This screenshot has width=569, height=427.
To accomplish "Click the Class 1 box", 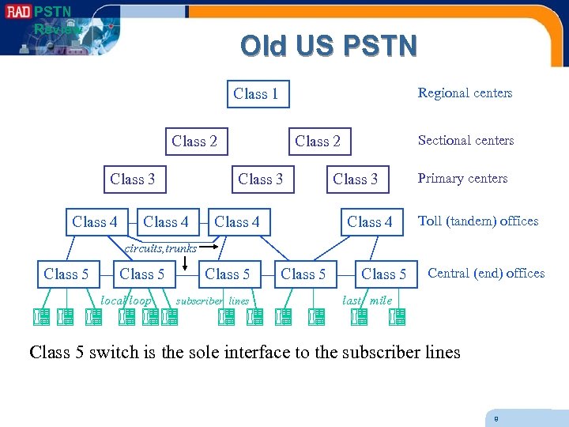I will pos(257,94).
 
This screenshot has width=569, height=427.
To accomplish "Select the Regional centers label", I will pos(465,93).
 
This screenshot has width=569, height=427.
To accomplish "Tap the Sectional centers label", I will pos(465,141).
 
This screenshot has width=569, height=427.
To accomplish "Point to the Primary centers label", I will pos(462,179).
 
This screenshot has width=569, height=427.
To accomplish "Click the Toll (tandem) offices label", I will pos(478,221).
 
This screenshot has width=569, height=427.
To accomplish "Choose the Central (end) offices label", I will pos(486,274).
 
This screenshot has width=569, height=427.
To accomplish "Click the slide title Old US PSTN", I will pos(328,46).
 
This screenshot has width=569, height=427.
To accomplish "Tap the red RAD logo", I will pos(16,12).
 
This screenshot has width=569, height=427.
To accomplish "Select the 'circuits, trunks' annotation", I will pos(161,248).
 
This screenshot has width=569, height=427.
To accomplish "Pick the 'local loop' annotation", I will pos(126,300).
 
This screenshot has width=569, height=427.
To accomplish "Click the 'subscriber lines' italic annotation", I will pos(212,300).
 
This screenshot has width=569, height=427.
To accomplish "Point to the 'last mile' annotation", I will pos(367,300).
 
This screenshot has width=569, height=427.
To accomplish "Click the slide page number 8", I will pos(496,418).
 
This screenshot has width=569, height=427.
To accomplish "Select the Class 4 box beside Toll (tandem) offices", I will pos(369,222).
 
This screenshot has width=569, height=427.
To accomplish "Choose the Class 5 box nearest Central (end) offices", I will pos(383,274).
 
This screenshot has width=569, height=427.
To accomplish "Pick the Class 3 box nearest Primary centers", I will pos(355,179).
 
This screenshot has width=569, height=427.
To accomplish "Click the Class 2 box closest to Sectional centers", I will pos(317,142).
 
